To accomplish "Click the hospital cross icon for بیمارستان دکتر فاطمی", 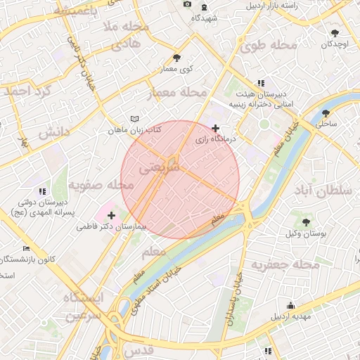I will click(111, 215).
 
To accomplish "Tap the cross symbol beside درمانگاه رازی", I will click(215, 128).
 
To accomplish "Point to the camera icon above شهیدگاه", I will click(187, 4).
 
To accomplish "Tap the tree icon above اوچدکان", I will click(334, 32).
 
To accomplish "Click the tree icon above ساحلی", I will click(326, 112).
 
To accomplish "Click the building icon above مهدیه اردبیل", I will click(291, 305).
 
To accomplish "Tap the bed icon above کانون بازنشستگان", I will click(27, 249).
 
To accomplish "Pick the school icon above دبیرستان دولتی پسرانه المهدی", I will click(42, 191).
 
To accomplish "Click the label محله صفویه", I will click(101, 185).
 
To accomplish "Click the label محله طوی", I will click(269, 46).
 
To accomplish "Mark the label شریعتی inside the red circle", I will click(160, 168).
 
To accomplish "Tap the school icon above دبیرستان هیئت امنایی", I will click(262, 83).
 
